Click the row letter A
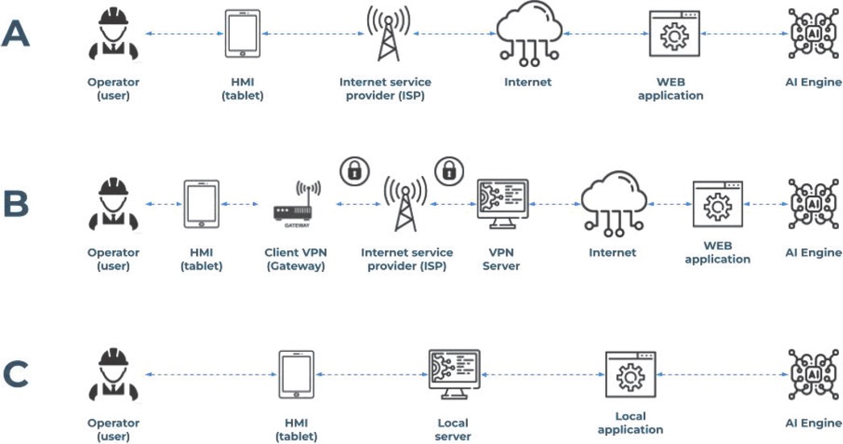17,34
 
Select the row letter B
17,204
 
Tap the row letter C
17,375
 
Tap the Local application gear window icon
630,375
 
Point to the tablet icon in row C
296,375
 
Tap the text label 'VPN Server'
501,258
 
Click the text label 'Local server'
453,429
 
